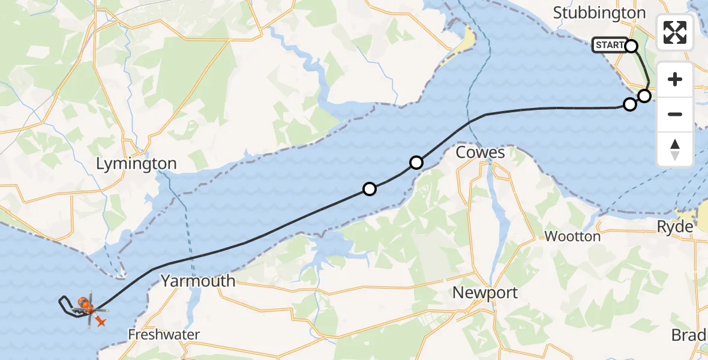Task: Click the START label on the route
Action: (610, 45)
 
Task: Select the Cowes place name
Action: (480, 152)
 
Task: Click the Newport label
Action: (485, 293)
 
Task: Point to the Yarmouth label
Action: (198, 280)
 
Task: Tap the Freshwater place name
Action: (164, 334)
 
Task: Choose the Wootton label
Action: (572, 236)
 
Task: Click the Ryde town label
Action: (674, 227)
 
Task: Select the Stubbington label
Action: (599, 13)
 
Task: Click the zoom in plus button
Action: (675, 79)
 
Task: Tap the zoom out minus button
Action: (675, 114)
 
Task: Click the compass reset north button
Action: (675, 149)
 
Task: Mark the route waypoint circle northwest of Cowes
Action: (416, 163)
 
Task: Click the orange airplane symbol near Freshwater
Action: (101, 322)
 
